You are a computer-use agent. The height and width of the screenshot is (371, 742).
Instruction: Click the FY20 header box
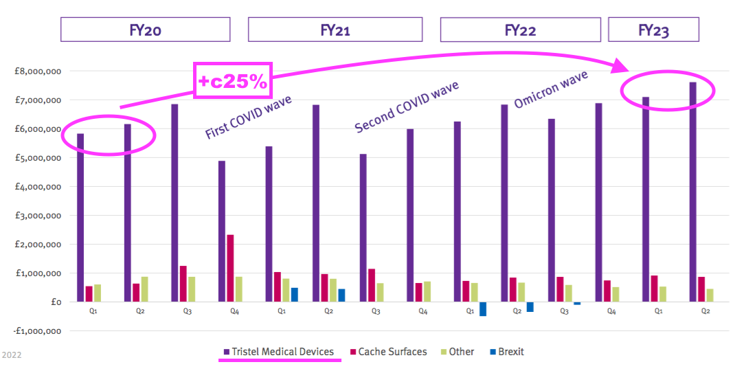[145, 30]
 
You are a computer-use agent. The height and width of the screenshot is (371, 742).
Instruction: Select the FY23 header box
[653, 30]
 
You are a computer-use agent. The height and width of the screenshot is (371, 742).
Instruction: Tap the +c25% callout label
[233, 81]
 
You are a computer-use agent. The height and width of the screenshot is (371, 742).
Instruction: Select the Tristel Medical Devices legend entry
[279, 352]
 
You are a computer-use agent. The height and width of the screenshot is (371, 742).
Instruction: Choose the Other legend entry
[456, 352]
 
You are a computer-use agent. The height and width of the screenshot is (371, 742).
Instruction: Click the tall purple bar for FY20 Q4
[222, 231]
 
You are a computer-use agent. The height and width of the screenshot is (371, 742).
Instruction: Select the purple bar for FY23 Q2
[693, 192]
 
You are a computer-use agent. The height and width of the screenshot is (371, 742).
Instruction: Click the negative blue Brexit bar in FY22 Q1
[483, 308]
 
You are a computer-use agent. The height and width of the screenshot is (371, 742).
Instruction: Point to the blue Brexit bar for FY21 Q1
[294, 295]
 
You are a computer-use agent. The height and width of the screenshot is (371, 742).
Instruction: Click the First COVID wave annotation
[249, 117]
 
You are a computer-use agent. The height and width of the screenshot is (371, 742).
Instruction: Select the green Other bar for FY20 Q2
[144, 289]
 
